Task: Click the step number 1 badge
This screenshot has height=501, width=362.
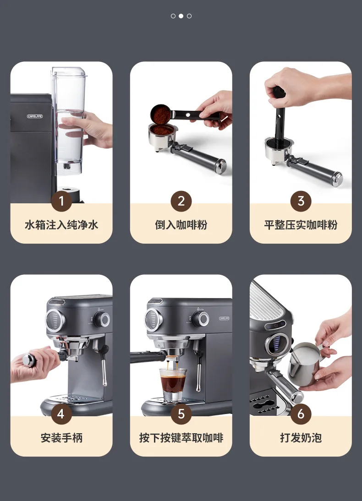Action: pos(61,201)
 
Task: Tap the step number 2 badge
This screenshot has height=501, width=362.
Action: pos(181,201)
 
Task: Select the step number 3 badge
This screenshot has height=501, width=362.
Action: pos(301,201)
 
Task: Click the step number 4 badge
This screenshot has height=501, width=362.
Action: pos(61,414)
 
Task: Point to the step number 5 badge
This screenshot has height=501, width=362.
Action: pos(181,414)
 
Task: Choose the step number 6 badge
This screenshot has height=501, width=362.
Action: pos(301,414)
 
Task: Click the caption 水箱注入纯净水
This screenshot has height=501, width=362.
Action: pos(61,225)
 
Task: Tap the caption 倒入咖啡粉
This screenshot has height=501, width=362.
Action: pos(181,225)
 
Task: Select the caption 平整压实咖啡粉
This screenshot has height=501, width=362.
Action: pos(301,225)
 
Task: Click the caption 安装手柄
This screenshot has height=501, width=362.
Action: pos(61,438)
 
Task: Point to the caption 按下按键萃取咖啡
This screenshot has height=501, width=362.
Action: pos(181,438)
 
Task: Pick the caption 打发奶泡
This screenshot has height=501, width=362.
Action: pos(301,438)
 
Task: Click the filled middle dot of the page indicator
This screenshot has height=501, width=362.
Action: pos(181,16)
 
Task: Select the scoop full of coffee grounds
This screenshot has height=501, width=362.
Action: pos(162,114)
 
